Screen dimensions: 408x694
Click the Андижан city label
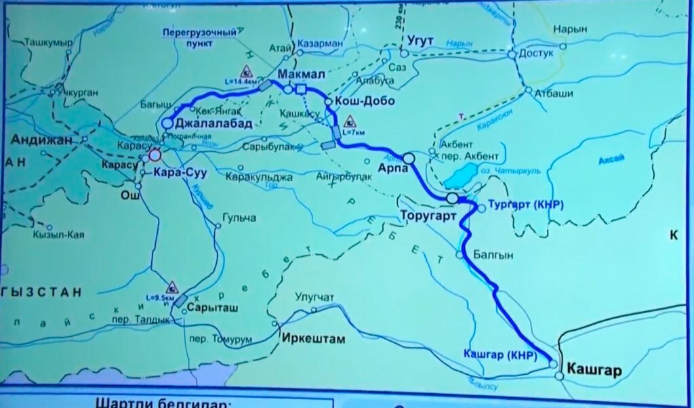40,140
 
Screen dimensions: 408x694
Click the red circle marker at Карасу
155,156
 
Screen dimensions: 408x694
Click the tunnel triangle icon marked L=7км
350,122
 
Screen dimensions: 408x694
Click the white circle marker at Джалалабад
167,123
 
